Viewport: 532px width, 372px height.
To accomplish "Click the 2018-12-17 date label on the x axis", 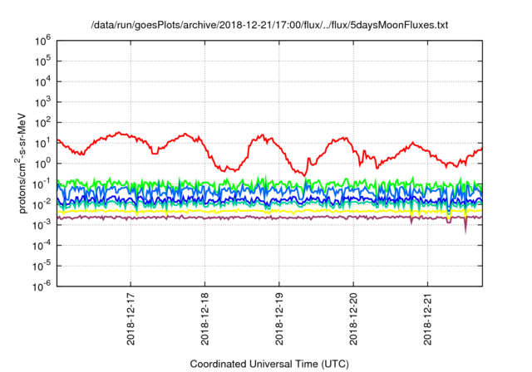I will coord(131,321).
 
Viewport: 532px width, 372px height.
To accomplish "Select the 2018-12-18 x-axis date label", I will coord(205,321).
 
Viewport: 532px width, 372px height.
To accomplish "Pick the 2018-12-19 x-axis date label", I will coord(279,321).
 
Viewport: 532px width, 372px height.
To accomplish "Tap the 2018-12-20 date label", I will coord(353,321).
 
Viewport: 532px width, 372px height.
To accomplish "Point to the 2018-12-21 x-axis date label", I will coord(427,321).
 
